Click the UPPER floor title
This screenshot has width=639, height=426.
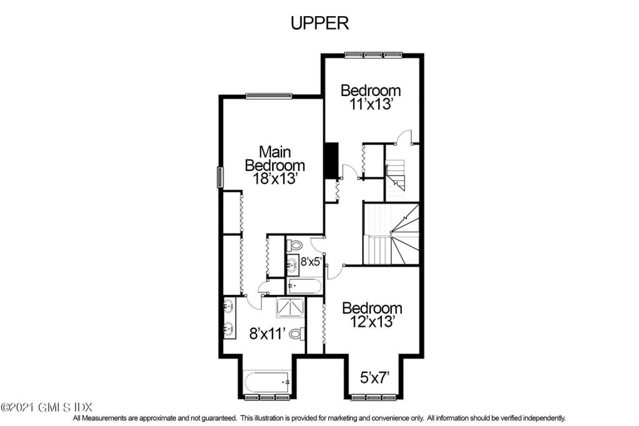(319, 23)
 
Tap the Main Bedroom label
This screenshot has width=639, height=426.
(275, 158)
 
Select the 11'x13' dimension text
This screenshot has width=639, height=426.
(371, 104)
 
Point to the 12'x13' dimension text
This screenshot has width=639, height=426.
(372, 322)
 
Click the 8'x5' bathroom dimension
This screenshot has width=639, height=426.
(312, 261)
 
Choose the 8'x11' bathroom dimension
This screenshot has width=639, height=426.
(267, 334)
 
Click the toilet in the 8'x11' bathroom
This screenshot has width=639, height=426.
(298, 334)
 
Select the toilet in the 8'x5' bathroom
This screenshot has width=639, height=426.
(295, 246)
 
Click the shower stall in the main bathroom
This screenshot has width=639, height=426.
(290, 308)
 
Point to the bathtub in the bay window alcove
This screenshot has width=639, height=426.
(267, 382)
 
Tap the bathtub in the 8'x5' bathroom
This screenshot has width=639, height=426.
(305, 286)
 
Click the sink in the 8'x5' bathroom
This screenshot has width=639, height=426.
(292, 265)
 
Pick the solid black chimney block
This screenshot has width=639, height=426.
(332, 160)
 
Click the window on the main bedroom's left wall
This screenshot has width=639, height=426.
(220, 178)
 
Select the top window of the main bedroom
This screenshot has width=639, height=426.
(269, 96)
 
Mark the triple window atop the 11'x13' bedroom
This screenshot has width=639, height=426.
(373, 54)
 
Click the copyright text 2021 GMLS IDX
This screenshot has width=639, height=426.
(46, 407)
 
